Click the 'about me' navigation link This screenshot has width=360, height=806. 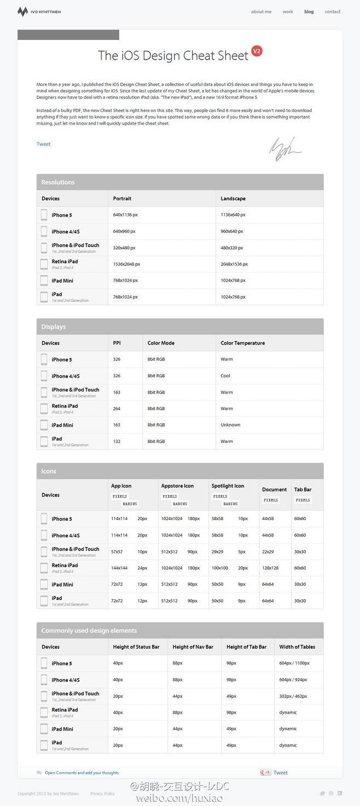(261, 11)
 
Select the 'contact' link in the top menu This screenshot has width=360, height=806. (332, 11)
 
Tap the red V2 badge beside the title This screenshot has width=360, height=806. (257, 51)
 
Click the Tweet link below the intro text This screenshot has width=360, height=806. (44, 144)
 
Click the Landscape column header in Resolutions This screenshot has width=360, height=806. (233, 198)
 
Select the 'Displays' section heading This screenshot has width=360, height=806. (54, 327)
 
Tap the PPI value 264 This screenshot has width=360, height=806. (117, 408)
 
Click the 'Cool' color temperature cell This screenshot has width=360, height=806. (225, 376)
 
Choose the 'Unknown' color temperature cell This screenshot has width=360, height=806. (230, 425)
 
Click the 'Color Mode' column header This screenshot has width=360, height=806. (161, 343)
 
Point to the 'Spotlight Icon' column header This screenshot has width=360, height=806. (228, 486)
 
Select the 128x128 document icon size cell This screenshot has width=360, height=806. (270, 568)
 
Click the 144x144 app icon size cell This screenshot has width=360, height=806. (119, 568)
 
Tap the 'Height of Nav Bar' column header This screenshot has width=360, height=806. (193, 647)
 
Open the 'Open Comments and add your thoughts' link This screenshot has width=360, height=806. (82, 773)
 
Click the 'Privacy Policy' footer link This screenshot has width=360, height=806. (102, 793)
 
